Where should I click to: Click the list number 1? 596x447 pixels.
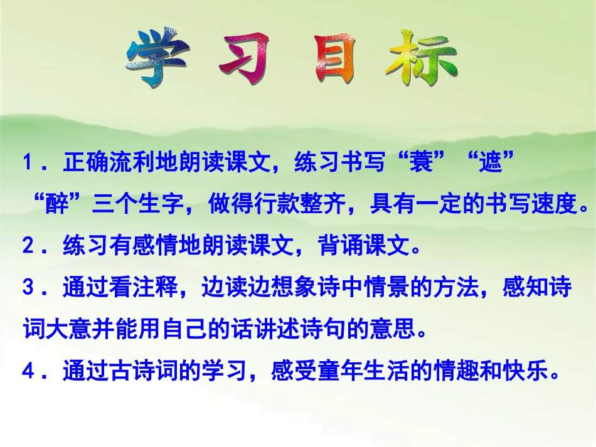[28, 164]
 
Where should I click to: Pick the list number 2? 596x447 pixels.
[28, 247]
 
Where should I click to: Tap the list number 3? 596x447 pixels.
[28, 289]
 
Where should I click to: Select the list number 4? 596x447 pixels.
[28, 372]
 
